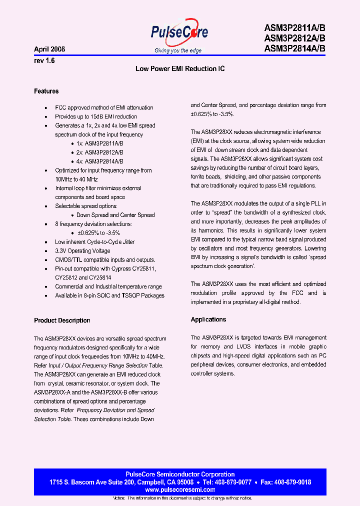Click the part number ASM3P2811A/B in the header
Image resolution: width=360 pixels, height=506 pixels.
tap(294, 28)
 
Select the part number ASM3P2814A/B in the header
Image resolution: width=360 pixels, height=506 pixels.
tap(294, 48)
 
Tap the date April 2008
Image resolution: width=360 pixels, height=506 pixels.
tap(49, 49)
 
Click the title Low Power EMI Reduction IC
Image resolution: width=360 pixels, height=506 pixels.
tap(180, 68)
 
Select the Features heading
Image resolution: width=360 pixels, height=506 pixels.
tap(46, 91)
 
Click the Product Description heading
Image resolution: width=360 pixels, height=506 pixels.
tap(62, 320)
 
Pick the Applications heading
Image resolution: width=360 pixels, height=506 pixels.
tap(208, 319)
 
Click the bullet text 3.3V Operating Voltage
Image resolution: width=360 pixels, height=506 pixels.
tap(82, 251)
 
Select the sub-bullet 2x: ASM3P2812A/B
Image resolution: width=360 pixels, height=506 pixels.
tap(100, 152)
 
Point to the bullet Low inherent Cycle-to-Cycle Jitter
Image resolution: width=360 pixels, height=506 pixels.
tap(94, 242)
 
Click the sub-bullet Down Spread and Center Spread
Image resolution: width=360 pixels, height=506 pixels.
tap(115, 215)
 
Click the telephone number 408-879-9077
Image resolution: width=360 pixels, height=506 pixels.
tap(233, 482)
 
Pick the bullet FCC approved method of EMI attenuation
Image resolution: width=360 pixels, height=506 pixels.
tap(104, 107)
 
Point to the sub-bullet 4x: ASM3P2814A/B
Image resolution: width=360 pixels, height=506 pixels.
tap(100, 161)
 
